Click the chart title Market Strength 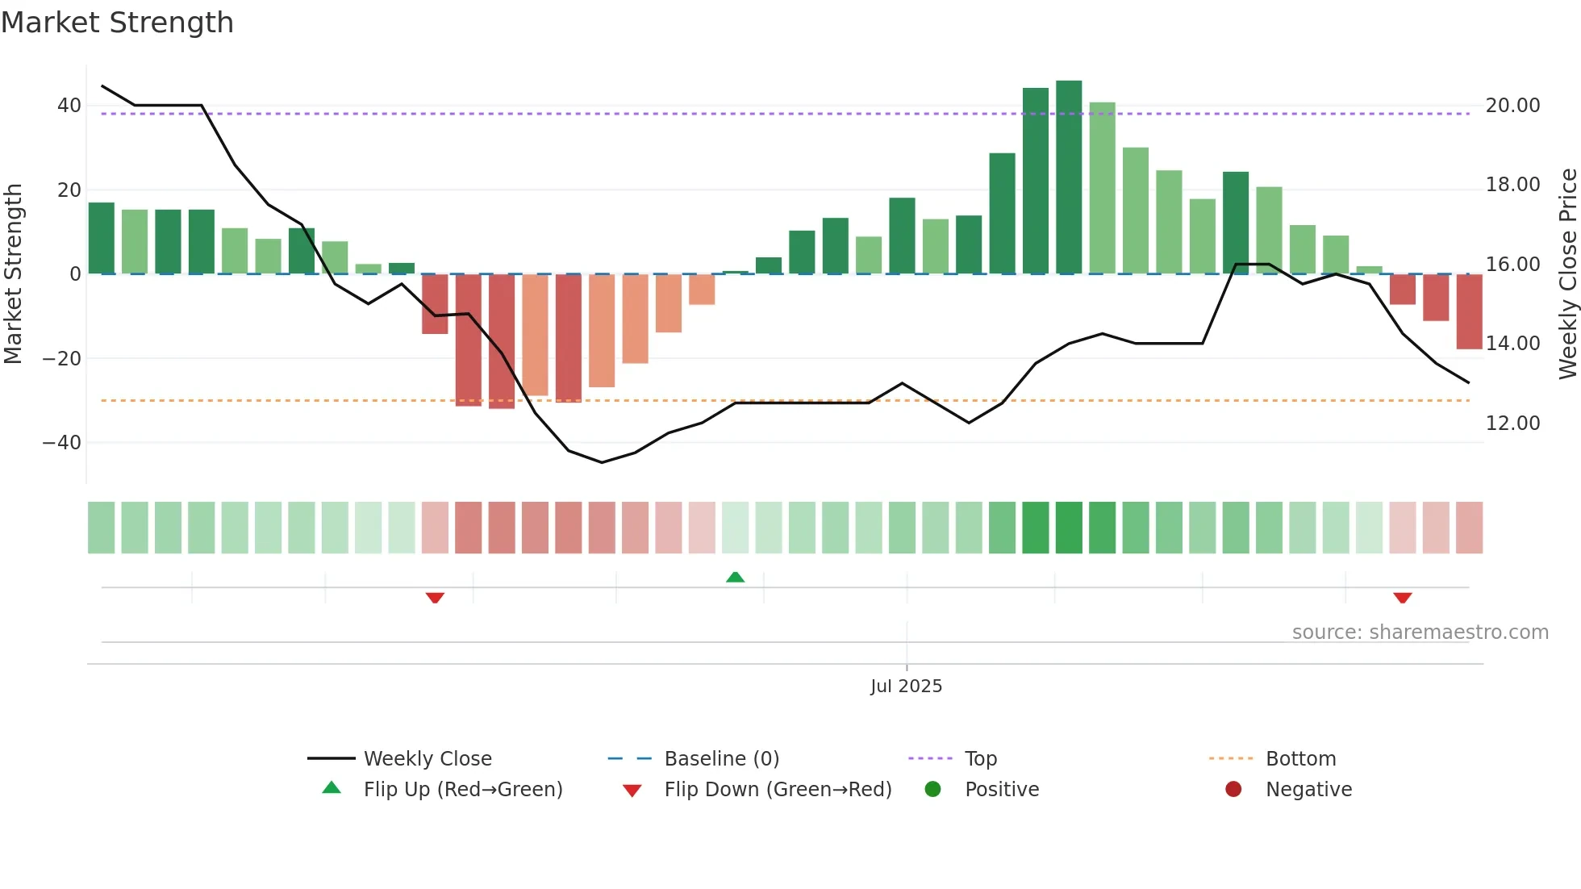point(117,23)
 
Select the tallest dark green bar point(1069,177)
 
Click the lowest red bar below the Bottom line point(502,341)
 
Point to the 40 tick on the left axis point(69,106)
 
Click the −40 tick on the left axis point(62,443)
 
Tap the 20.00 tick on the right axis point(1512,106)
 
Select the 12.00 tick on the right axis point(1512,424)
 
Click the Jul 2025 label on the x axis point(906,687)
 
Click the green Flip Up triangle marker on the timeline point(735,577)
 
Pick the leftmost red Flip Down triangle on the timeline point(435,598)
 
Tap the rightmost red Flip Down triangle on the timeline point(1402,598)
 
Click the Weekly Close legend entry point(427,759)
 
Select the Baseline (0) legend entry point(721,759)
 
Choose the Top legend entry point(980,759)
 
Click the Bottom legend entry point(1300,759)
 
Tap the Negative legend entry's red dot point(1233,790)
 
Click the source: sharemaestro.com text point(1420,632)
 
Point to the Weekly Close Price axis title point(1567,274)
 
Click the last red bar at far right point(1469,312)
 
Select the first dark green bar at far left point(102,238)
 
